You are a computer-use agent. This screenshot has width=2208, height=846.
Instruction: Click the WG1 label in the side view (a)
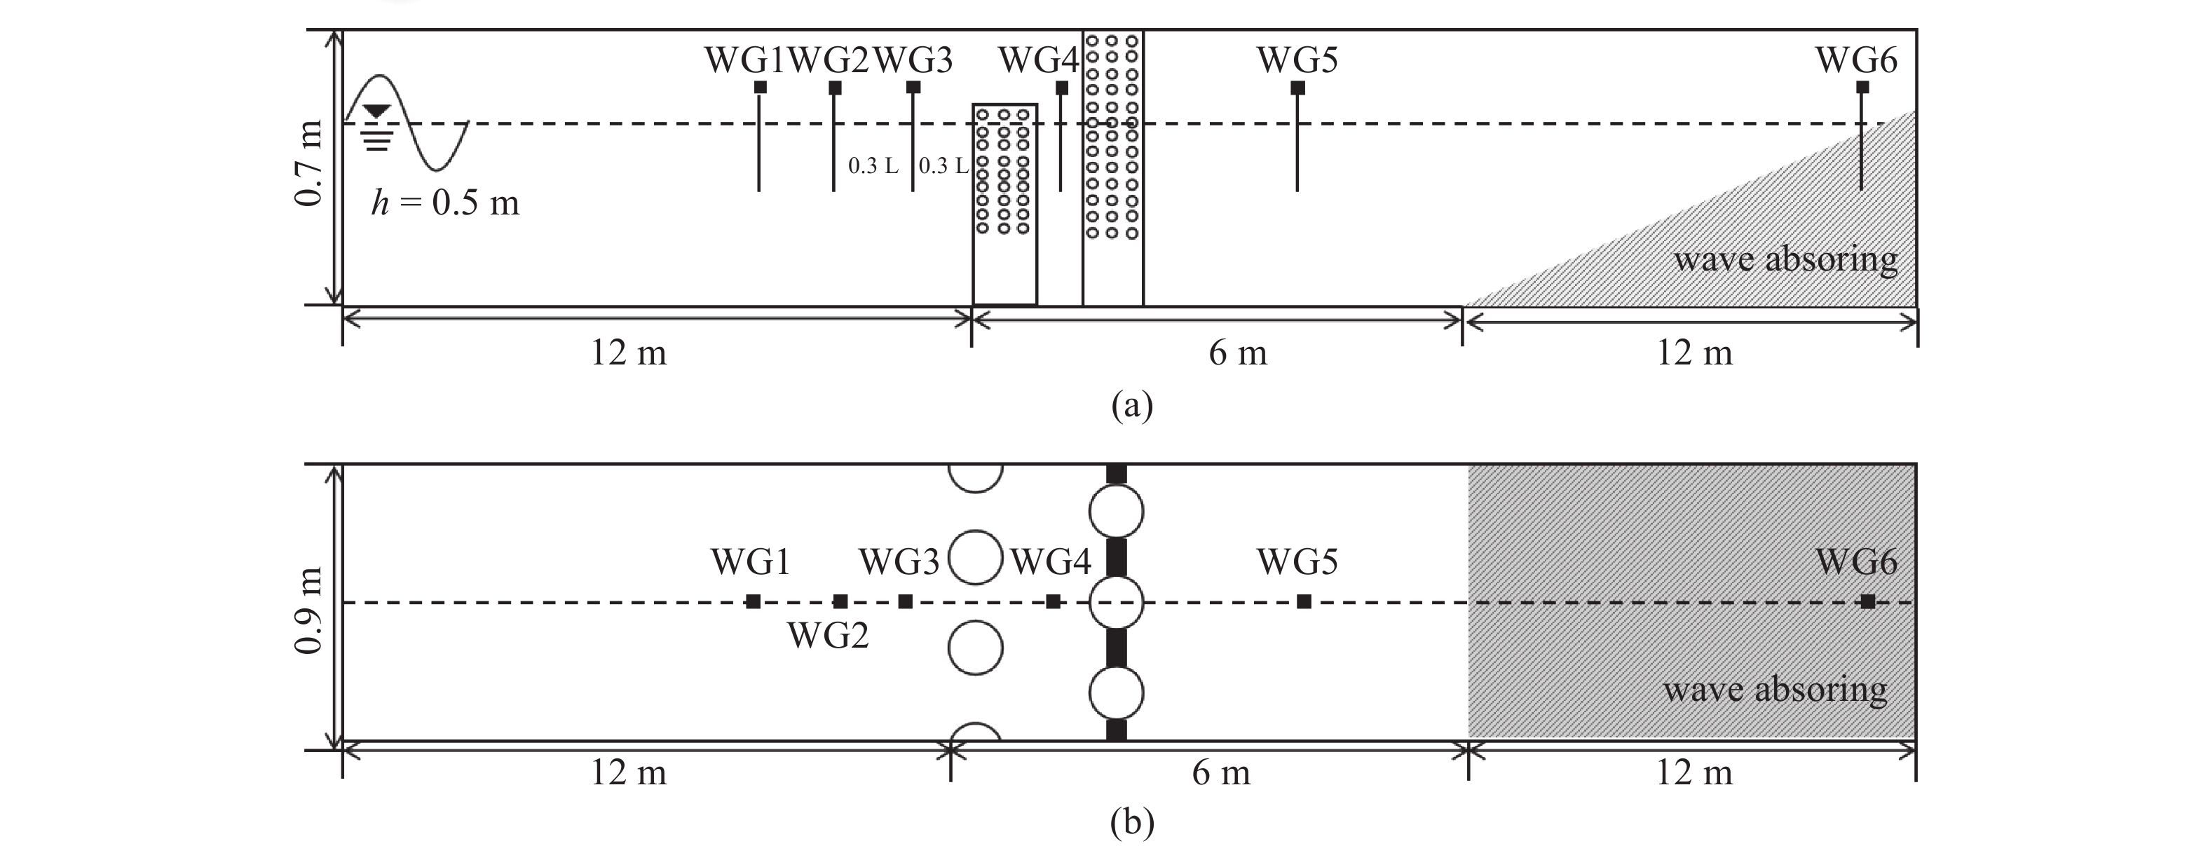pos(744,60)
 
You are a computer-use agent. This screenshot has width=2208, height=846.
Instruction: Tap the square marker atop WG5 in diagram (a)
pos(1297,88)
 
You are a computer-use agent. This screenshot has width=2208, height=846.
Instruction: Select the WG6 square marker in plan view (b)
pos(1868,601)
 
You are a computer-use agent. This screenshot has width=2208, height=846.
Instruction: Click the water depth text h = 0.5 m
pos(445,203)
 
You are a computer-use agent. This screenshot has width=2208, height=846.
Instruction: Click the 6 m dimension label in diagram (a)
pos(1238,353)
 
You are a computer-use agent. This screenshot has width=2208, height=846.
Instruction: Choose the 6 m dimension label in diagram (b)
pos(1220,773)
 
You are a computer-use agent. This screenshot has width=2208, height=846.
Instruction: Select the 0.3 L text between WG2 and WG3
pos(873,165)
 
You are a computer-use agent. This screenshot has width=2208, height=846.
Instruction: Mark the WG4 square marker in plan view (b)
pos(1054,601)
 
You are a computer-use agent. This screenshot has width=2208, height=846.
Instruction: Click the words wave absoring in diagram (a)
pos(1785,259)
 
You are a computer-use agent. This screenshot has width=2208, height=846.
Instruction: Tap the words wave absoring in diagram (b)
pos(1775,689)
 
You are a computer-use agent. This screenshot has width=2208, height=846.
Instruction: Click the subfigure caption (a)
pos(1131,404)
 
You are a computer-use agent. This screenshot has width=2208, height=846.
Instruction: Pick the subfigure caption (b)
pos(1131,822)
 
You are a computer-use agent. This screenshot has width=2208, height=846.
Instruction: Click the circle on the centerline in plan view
pos(1116,603)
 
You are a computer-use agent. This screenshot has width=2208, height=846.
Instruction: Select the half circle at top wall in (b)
pos(976,477)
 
